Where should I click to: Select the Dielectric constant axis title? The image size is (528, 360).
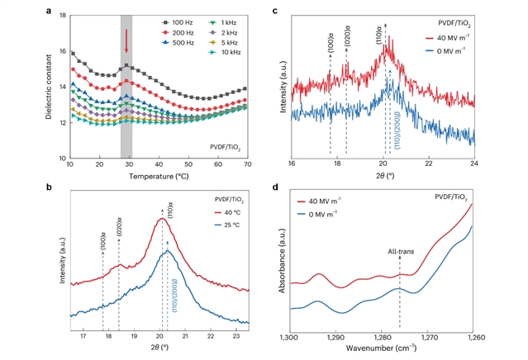point(45,86)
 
